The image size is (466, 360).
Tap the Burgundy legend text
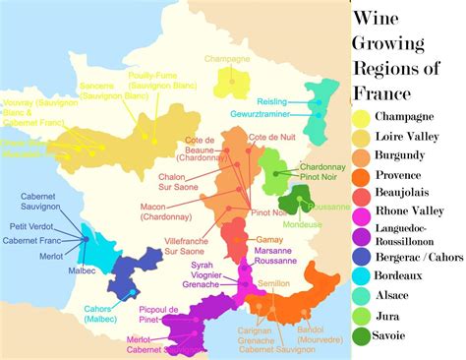408,157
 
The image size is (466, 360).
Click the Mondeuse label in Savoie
304,224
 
